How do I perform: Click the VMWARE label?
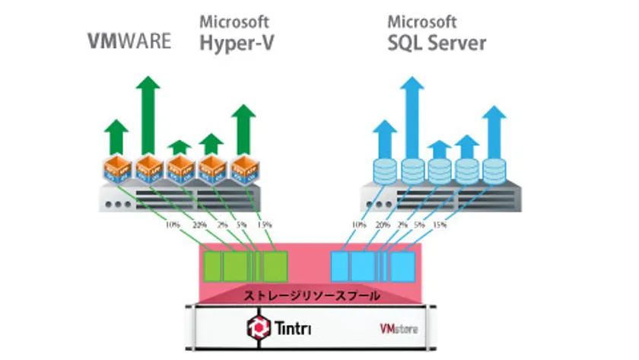129,41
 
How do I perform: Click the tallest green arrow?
148,114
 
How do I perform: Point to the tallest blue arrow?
412,114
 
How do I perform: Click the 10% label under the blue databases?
358,225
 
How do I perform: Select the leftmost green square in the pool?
212,266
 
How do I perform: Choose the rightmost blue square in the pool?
403,266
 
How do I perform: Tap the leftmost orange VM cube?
116,170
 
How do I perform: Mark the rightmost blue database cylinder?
494,170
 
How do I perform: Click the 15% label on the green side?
263,225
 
